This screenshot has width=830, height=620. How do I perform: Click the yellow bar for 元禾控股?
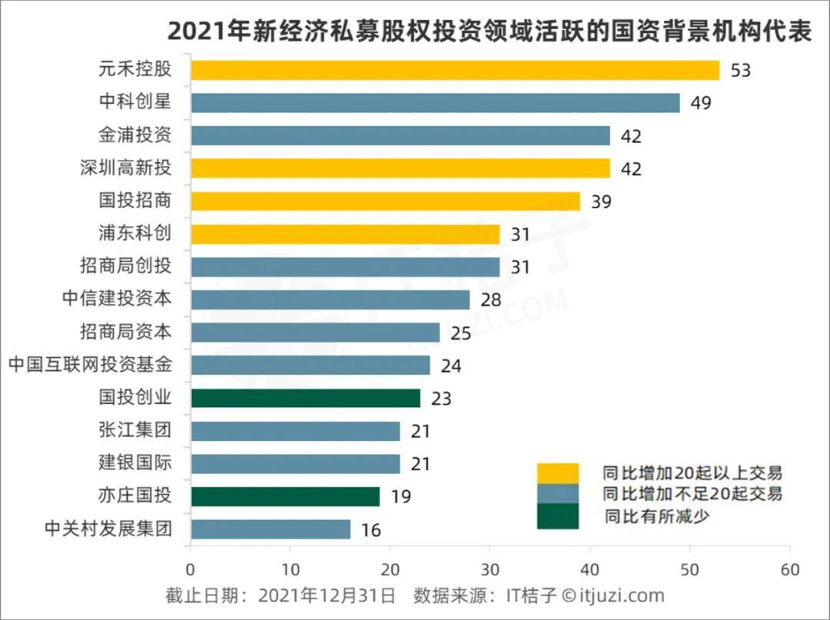(x=455, y=71)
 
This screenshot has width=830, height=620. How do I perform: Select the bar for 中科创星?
(x=435, y=103)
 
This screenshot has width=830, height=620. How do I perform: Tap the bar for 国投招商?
(x=385, y=201)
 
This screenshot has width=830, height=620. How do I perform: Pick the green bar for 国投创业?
(x=305, y=398)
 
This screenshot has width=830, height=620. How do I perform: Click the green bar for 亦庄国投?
(x=285, y=496)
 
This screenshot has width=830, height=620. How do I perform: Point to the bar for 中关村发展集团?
(x=270, y=529)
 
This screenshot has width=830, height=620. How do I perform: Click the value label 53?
(x=740, y=71)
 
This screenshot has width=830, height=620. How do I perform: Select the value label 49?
(x=700, y=104)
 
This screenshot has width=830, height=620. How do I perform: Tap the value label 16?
(x=370, y=530)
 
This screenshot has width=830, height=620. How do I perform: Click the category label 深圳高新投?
(x=125, y=168)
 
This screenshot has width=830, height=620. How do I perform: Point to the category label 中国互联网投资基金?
(x=90, y=365)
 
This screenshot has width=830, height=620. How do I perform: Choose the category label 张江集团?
(x=135, y=431)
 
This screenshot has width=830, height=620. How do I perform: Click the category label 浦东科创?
(x=135, y=234)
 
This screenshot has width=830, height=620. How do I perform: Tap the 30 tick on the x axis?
(x=490, y=570)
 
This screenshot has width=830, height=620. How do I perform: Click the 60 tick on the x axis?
(x=789, y=570)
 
